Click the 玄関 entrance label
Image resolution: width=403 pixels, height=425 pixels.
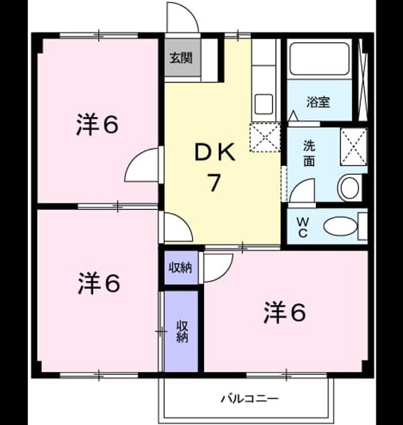click(181, 58)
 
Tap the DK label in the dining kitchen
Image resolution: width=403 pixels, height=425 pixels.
click(215, 153)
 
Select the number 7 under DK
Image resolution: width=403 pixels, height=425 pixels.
click(213, 183)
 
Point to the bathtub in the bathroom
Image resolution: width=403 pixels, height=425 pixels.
click(319, 59)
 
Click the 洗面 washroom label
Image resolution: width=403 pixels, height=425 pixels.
click(309, 153)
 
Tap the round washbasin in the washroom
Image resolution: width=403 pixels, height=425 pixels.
click(350, 188)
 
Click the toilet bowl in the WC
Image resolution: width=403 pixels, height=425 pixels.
click(341, 226)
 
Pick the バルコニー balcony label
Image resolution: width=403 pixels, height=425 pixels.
click(249, 398)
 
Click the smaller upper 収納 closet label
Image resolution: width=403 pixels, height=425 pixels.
click(180, 268)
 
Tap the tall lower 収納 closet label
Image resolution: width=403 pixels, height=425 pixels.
click(182, 331)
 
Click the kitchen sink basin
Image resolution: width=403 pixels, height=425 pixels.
click(264, 104)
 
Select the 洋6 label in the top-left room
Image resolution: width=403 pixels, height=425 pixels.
click(97, 125)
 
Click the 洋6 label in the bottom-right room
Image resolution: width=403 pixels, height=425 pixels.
click(285, 313)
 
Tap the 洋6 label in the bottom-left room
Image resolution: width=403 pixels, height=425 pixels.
click(99, 284)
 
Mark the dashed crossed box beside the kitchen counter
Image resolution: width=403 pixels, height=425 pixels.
click(265, 137)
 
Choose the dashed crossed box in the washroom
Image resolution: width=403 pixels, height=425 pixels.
click(354, 147)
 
